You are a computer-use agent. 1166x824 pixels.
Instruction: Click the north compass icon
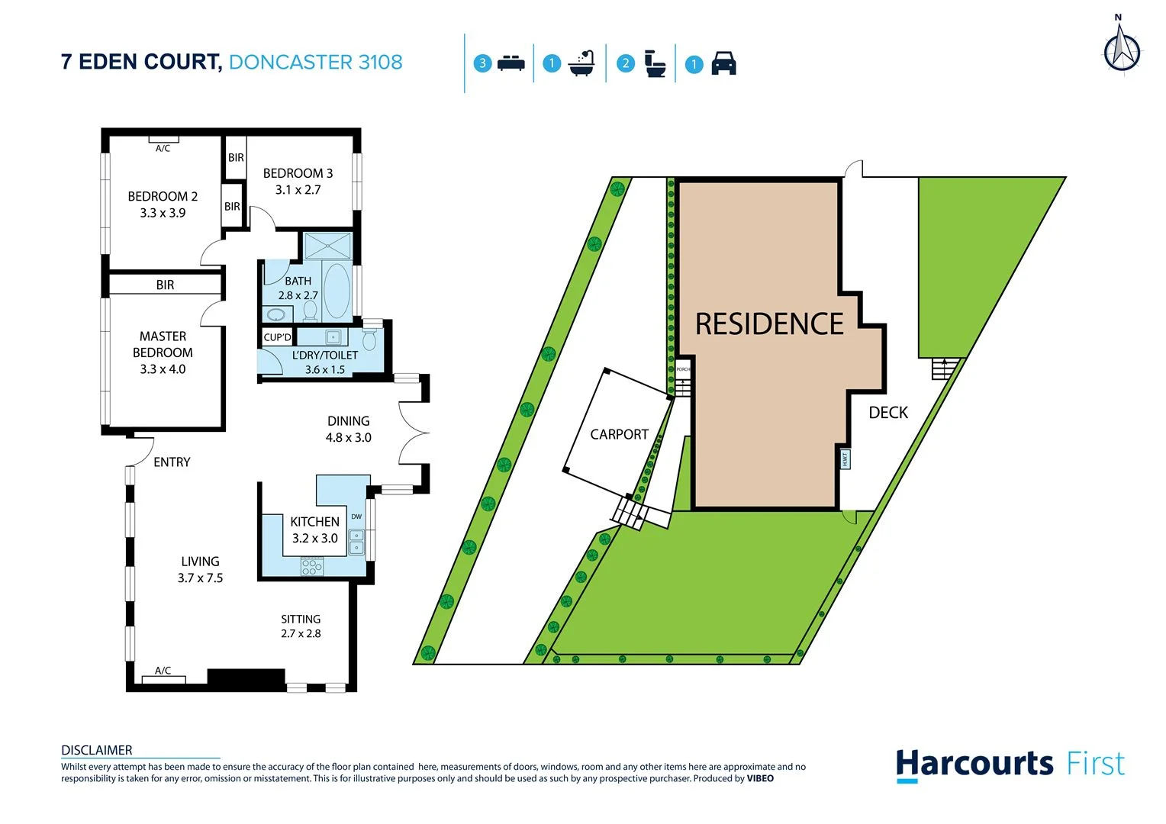tap(1122, 50)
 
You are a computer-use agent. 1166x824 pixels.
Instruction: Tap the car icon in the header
tap(723, 63)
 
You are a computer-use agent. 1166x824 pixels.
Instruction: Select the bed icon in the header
tap(511, 63)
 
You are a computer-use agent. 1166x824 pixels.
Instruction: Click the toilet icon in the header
tap(655, 63)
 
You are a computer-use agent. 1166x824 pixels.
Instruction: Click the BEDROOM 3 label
tap(298, 174)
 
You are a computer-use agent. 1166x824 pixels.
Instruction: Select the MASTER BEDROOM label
tap(163, 344)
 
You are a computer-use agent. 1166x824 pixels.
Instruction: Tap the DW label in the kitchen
tap(356, 517)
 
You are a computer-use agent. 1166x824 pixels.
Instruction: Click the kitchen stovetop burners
tap(312, 566)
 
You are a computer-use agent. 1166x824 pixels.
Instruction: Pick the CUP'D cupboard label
tap(277, 337)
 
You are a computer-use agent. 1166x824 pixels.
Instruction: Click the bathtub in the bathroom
tap(336, 291)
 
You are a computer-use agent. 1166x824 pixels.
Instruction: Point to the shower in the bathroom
tap(327, 246)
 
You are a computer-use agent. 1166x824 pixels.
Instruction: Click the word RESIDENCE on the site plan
tap(769, 324)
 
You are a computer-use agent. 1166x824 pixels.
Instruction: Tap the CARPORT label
tap(619, 434)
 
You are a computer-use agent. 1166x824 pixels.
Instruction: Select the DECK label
tap(888, 413)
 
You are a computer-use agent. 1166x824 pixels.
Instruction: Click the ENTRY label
tap(172, 462)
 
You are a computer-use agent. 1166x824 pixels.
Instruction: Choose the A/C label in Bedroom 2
tap(163, 149)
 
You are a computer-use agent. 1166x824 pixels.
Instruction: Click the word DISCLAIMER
tap(97, 750)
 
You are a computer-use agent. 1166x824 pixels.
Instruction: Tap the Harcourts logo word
tap(974, 764)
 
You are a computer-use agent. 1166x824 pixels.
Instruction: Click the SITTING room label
tap(301, 620)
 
